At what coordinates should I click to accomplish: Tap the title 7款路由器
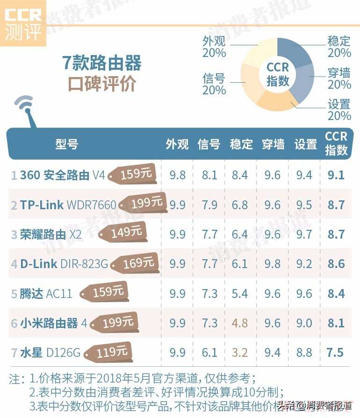(x=102, y=63)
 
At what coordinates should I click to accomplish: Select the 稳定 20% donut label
(x=339, y=47)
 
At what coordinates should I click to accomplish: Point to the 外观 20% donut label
(x=214, y=47)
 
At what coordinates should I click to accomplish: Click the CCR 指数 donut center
(x=278, y=74)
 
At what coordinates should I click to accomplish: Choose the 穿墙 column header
(x=274, y=144)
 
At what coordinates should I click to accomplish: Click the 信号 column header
(x=209, y=144)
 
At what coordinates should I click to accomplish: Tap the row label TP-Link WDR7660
(x=68, y=205)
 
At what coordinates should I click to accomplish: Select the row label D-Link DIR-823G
(x=64, y=264)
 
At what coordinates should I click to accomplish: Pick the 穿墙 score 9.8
(x=272, y=264)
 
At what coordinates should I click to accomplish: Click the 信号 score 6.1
(x=209, y=352)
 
